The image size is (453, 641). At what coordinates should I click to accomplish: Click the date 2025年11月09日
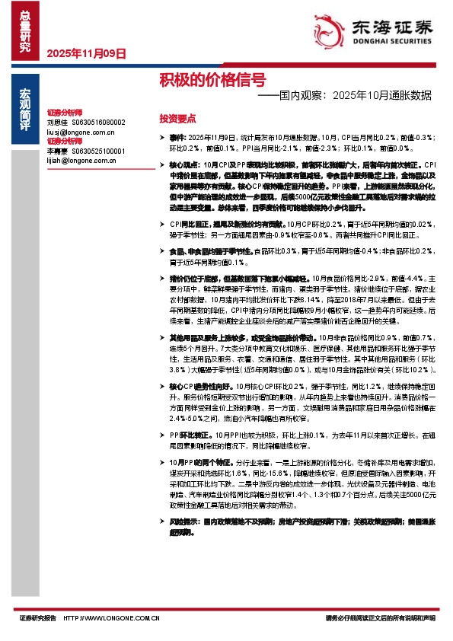(x=85, y=53)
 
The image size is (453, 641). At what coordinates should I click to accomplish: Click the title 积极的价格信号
(x=212, y=79)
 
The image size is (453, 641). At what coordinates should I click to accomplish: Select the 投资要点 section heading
(x=177, y=119)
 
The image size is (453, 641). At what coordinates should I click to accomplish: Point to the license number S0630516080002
(x=98, y=122)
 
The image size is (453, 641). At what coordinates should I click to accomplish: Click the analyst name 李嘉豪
(x=57, y=151)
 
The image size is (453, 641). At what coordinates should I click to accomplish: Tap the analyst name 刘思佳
(x=57, y=122)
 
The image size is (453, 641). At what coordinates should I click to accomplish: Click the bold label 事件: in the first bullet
(x=177, y=137)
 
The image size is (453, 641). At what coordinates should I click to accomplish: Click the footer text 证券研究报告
(x=38, y=619)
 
